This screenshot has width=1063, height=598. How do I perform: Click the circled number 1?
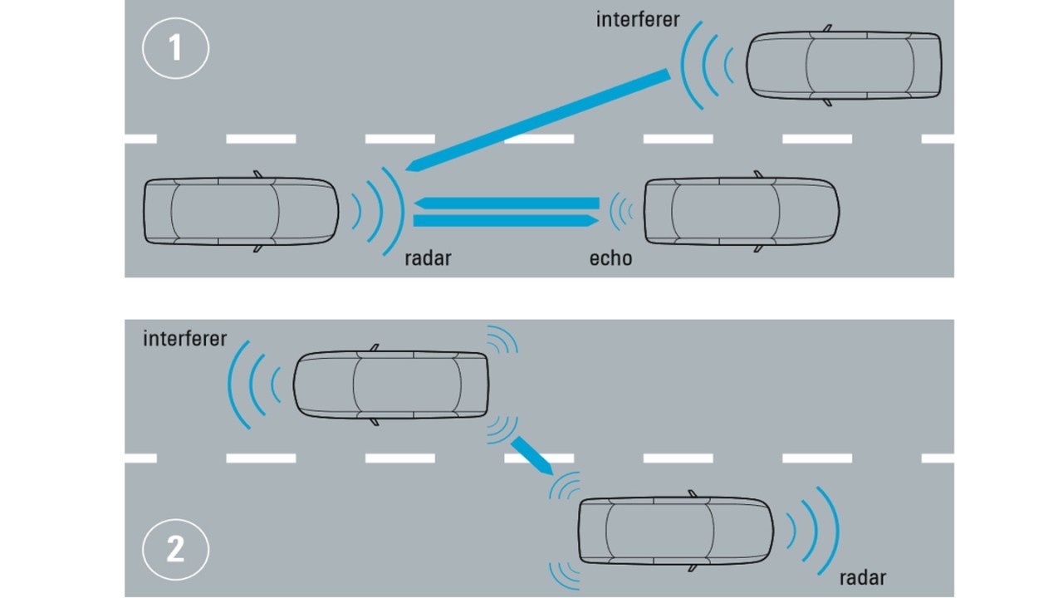[x=175, y=48]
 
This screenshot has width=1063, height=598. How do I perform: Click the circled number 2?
[x=175, y=549]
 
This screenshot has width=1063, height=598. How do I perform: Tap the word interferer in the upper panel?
[x=637, y=18]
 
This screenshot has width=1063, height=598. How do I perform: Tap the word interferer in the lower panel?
[x=184, y=339]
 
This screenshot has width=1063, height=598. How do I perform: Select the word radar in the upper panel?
[x=428, y=257]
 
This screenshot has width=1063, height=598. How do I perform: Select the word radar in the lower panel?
[x=862, y=577]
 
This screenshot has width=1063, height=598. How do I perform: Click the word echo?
[x=610, y=258]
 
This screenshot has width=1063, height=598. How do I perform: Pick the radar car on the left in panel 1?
[x=241, y=211]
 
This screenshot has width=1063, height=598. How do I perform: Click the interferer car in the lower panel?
[x=390, y=384]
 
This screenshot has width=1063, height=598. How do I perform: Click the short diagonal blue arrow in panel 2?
[x=531, y=455]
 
